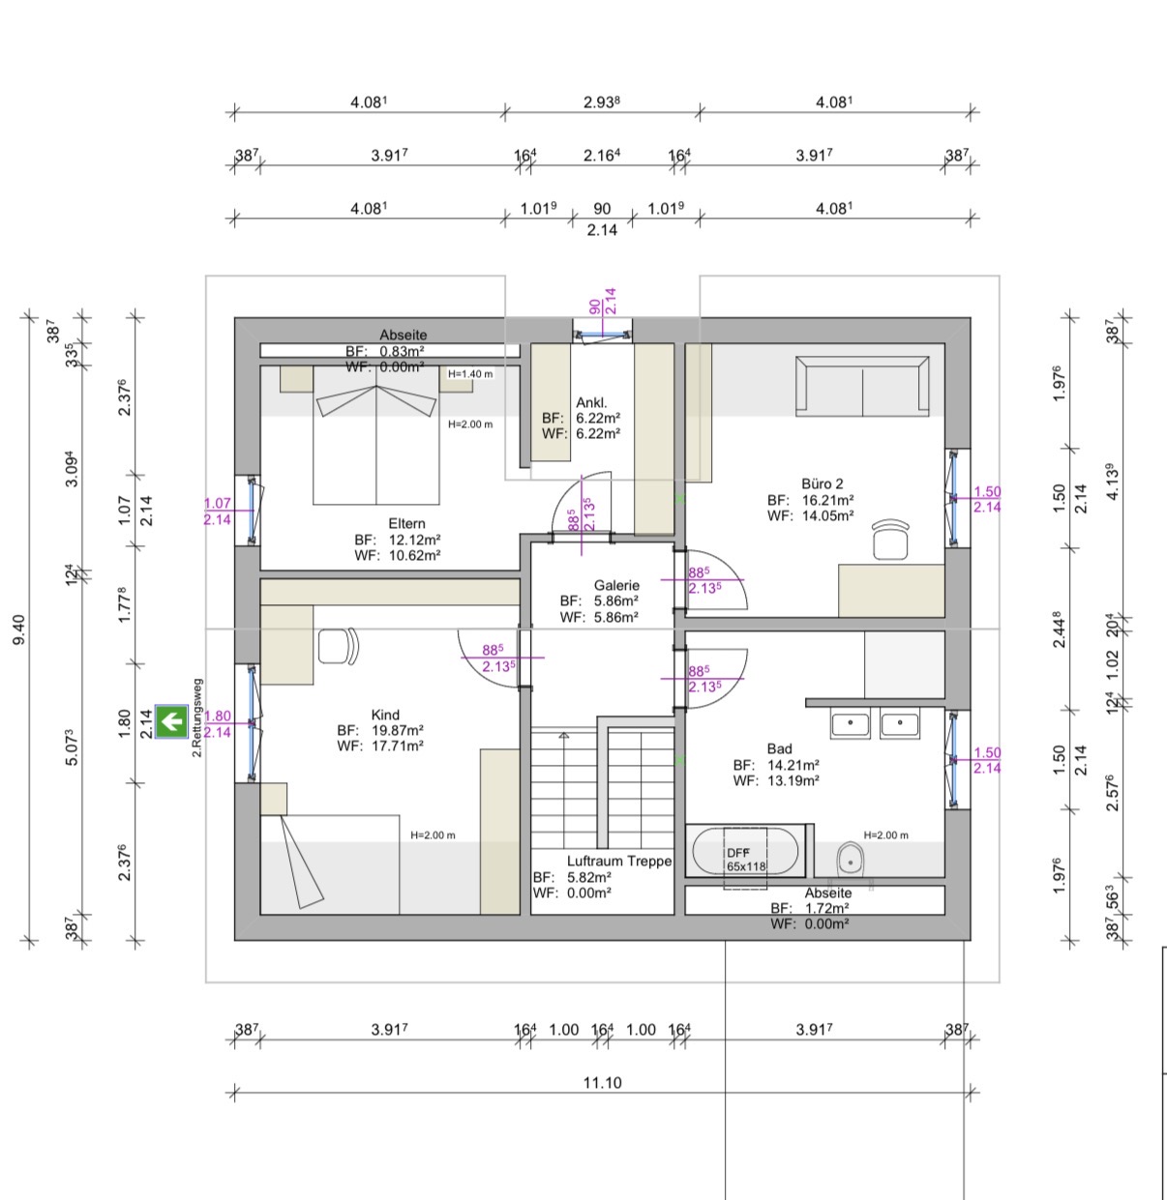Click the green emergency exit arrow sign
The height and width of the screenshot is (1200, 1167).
tap(171, 720)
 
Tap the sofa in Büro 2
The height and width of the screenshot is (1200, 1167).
tap(862, 386)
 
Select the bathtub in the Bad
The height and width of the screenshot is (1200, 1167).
tap(745, 851)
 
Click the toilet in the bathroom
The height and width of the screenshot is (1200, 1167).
tap(851, 859)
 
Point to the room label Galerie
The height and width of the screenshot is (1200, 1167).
tap(616, 585)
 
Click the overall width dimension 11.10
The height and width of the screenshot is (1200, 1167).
tap(602, 1082)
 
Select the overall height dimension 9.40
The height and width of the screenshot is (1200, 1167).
tap(19, 629)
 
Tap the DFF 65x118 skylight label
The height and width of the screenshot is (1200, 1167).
tap(745, 859)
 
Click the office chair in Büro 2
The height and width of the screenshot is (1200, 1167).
tap(890, 539)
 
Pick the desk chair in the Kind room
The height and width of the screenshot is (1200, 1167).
tap(338, 646)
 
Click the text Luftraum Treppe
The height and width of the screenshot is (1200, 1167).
tap(619, 861)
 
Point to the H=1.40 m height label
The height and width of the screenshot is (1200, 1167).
tap(470, 373)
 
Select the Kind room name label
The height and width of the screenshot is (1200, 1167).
tap(385, 715)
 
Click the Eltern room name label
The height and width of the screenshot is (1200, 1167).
tap(406, 523)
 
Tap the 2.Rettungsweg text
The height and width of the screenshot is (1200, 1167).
tap(196, 717)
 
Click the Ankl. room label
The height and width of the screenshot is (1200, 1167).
tap(591, 402)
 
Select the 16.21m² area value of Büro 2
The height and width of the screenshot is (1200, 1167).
tap(827, 500)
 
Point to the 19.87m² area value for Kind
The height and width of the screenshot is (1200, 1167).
tap(397, 730)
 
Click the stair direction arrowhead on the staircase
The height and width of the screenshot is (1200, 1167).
tap(563, 735)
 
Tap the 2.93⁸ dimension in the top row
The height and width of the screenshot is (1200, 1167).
tap(601, 102)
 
